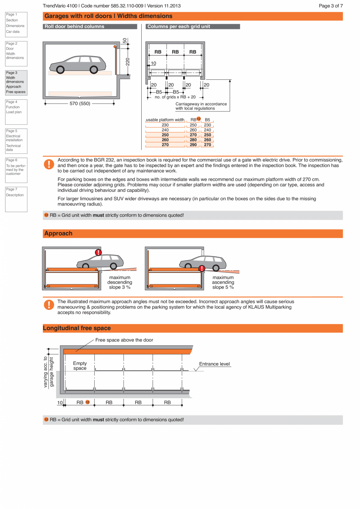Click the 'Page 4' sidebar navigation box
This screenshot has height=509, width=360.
16,112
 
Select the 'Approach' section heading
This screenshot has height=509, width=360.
58,234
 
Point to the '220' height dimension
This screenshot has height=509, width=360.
128,61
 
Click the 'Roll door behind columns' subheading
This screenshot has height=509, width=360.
74,27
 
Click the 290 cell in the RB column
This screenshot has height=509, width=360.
193,145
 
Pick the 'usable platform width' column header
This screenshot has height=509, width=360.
165,120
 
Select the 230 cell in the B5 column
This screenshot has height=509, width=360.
207,125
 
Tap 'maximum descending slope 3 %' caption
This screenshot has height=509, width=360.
120,282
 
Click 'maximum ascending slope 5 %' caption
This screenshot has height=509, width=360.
223,282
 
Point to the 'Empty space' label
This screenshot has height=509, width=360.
80,366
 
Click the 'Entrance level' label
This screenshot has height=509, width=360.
214,364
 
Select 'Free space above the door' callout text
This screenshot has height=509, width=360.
124,340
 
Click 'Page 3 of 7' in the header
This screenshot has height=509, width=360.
331,6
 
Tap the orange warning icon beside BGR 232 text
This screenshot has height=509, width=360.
49,164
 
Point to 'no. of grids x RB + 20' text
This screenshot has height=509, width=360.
175,97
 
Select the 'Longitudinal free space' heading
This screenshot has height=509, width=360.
77,328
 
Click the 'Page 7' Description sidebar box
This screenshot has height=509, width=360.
16,199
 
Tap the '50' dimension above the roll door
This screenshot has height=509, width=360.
125,41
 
